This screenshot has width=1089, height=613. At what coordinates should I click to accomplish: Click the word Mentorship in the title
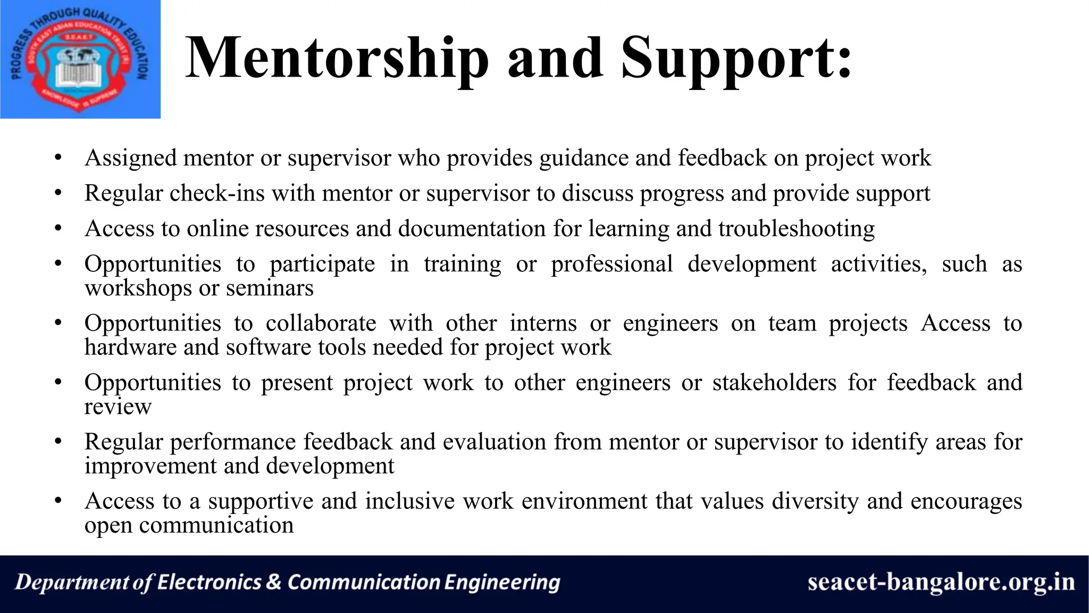coord(337,59)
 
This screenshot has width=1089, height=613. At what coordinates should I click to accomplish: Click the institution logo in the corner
coord(80,59)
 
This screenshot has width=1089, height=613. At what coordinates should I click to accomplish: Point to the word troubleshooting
coord(797,229)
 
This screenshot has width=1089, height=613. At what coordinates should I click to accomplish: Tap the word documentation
coord(472,229)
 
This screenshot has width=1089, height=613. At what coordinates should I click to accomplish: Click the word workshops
coord(138,288)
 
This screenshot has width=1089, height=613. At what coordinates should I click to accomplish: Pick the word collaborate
coord(321,324)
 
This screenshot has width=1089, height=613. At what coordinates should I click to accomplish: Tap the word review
coord(118,407)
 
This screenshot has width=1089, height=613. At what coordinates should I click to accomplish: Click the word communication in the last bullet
coord(216,526)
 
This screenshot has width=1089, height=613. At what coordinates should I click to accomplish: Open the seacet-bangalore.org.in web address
coord(941,583)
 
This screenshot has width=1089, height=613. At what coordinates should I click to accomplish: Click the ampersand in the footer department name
coord(273,582)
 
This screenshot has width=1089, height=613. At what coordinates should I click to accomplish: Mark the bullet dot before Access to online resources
coord(58,229)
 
